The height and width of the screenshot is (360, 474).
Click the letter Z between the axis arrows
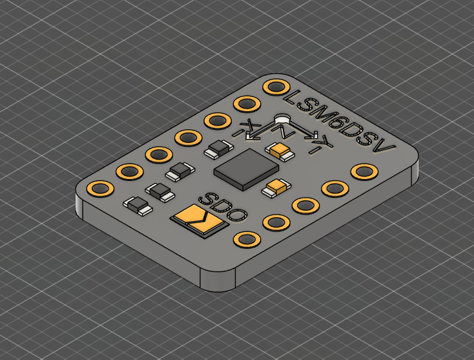pyautogui.click(x=287, y=132)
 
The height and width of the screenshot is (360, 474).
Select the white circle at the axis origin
pyautogui.click(x=282, y=119)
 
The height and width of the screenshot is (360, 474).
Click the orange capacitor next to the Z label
pyautogui.click(x=280, y=151)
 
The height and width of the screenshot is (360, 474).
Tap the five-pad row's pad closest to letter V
pyautogui.click(x=364, y=171)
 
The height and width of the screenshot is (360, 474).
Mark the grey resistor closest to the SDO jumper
pyautogui.click(x=138, y=205)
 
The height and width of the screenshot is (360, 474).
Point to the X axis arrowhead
pyautogui.click(x=253, y=136)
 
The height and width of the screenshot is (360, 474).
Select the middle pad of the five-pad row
pyautogui.click(x=304, y=205)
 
